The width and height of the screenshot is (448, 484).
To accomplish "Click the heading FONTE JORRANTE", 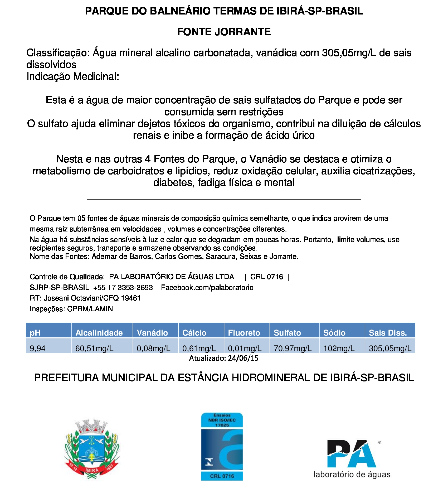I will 224,32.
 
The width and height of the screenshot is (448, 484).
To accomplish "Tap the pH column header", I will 35,333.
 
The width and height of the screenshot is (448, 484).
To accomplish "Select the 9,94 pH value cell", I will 38,349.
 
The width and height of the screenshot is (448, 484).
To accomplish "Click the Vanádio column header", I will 152,333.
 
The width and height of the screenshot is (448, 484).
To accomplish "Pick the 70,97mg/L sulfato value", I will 293,349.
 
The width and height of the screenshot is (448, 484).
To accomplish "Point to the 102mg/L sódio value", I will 339,349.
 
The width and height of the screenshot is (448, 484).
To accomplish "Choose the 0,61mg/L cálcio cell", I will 199,349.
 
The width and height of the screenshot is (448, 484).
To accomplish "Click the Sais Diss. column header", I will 388,333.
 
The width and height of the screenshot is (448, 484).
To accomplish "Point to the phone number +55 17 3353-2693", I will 123,288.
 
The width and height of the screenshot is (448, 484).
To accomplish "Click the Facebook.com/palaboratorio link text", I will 207,288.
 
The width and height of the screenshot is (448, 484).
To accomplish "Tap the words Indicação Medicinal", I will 73,77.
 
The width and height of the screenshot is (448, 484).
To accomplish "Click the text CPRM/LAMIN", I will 90,309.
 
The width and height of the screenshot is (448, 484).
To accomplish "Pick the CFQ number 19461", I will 131,298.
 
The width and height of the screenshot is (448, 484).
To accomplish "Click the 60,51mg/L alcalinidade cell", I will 94,349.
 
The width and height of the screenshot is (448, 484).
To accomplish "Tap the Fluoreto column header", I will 244,333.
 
